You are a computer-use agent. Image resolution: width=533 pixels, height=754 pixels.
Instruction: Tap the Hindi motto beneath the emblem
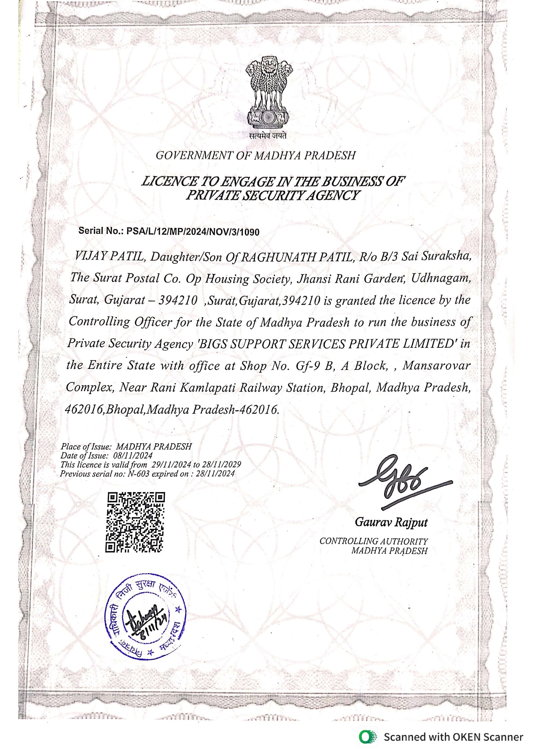point(268,136)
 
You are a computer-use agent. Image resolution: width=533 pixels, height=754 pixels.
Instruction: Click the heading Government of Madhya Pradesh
point(256,156)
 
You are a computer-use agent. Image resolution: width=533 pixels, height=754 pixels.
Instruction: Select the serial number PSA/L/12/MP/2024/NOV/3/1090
point(193,232)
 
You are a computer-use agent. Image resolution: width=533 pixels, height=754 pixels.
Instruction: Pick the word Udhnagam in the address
point(441,278)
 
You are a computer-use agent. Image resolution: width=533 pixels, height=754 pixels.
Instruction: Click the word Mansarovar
point(436,365)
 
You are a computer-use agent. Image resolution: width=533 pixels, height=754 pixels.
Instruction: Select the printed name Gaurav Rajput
point(391,522)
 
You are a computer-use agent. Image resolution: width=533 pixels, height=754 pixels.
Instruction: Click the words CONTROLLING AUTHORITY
point(373,541)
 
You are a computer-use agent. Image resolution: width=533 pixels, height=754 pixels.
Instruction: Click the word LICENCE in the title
point(170,182)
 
